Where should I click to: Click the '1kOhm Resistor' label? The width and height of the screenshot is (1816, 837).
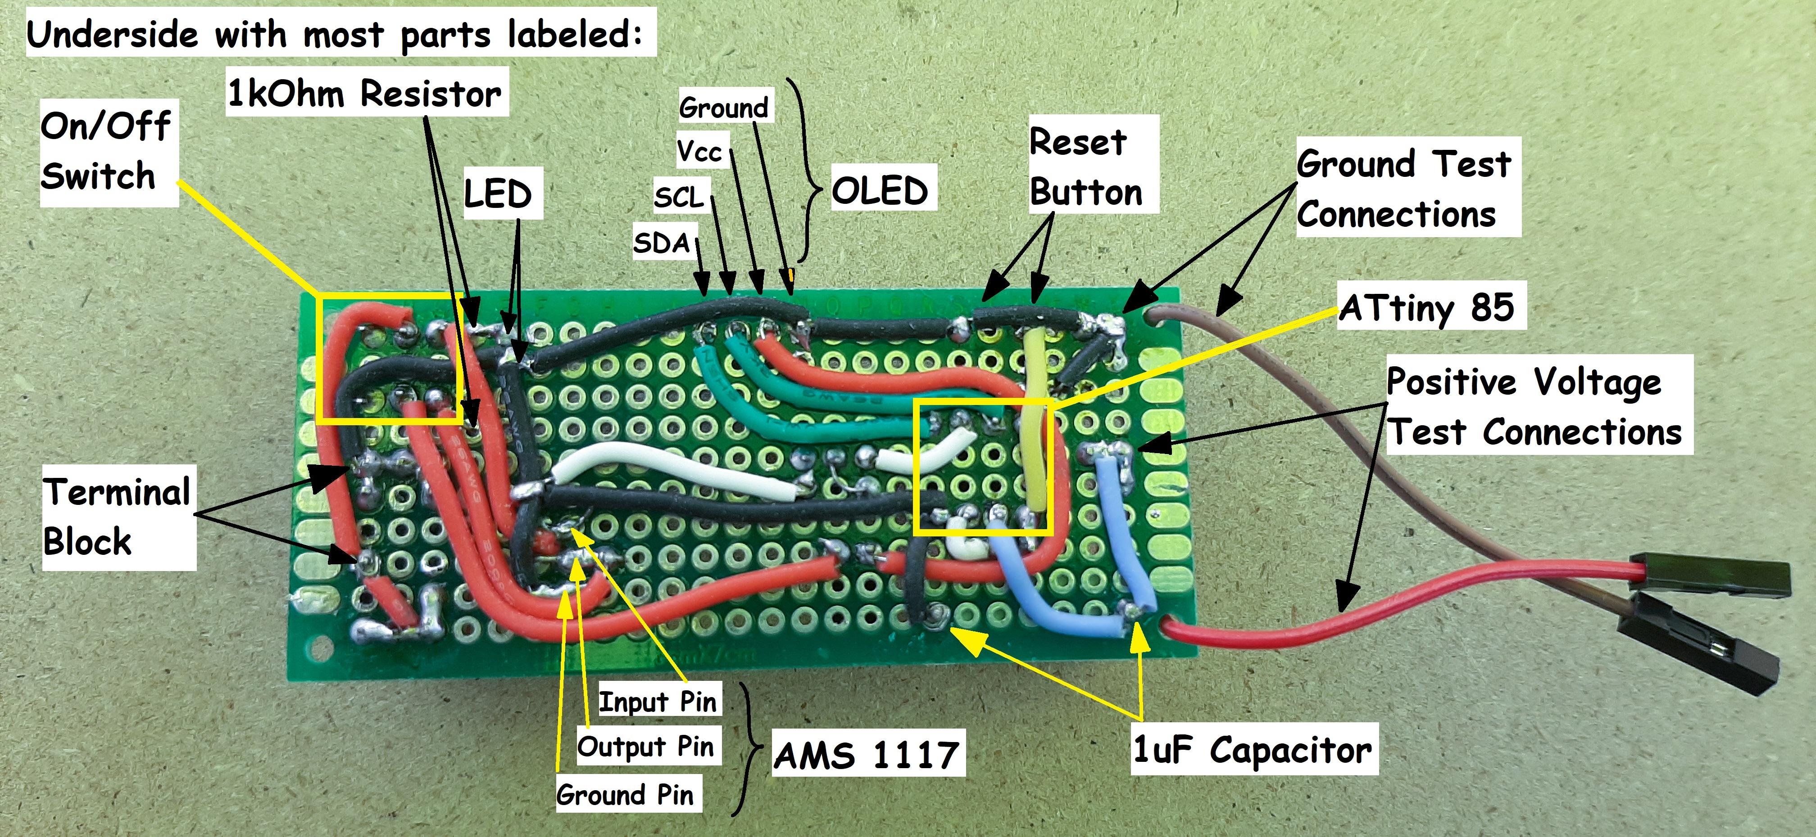365,93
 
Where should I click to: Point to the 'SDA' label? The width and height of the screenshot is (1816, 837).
661,243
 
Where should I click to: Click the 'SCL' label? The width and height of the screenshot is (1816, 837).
679,197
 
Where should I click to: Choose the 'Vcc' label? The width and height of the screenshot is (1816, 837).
699,151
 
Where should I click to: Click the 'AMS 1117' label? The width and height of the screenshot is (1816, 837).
867,755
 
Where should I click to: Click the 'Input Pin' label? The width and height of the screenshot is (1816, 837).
657,702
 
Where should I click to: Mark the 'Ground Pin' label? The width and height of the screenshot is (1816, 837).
625,795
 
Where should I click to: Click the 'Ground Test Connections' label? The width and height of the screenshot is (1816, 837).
1403,188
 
